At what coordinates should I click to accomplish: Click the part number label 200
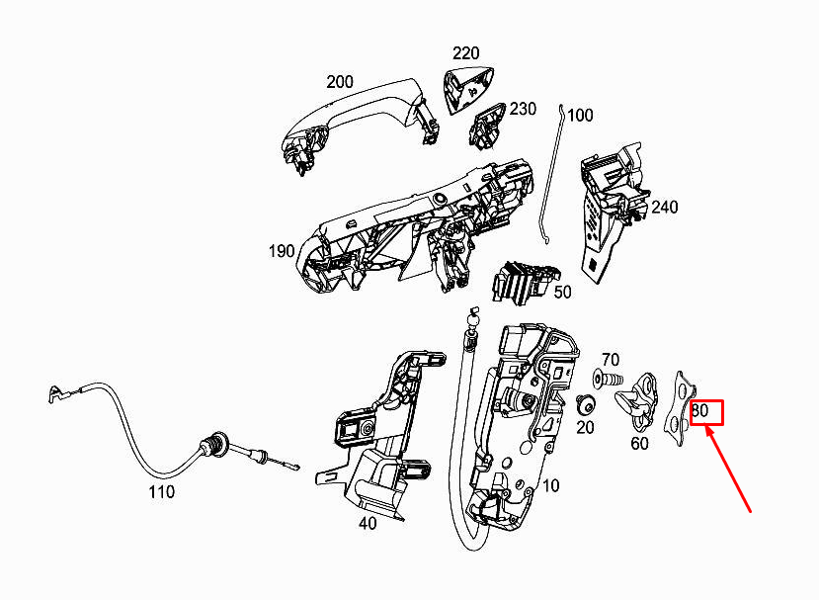pyautogui.click(x=340, y=82)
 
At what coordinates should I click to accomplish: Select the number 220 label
pyautogui.click(x=465, y=52)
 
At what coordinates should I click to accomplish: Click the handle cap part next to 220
pyautogui.click(x=469, y=89)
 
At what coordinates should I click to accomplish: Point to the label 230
pyautogui.click(x=523, y=109)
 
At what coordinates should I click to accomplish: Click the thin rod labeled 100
pyautogui.click(x=550, y=178)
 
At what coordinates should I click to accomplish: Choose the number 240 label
pyautogui.click(x=665, y=208)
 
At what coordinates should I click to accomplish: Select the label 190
pyautogui.click(x=282, y=251)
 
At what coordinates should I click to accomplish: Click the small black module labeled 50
pyautogui.click(x=524, y=282)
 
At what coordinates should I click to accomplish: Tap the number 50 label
pyautogui.click(x=562, y=293)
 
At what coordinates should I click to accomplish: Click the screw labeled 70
pyautogui.click(x=608, y=380)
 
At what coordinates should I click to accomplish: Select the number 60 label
pyautogui.click(x=640, y=443)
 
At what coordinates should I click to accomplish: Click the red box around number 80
pyautogui.click(x=706, y=411)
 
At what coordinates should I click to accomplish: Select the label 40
pyautogui.click(x=368, y=523)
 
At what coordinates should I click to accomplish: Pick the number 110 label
pyautogui.click(x=161, y=491)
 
